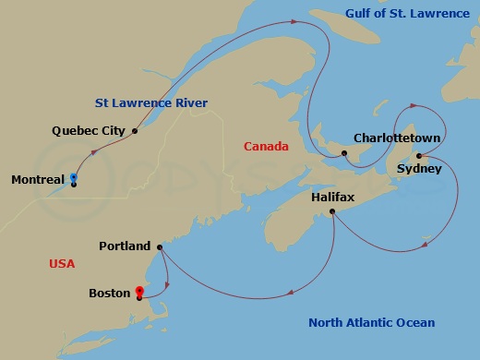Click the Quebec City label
pos(87,131)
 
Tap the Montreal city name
pos(38,179)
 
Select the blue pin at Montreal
pos(74,177)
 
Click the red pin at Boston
pos(139,289)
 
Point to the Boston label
pos(109,294)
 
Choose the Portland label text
pos(125,246)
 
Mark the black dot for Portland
pos(160,247)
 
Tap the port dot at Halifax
pos(331,212)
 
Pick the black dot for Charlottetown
pos(343,153)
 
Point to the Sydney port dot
pos(419,156)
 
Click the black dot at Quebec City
pos(135,131)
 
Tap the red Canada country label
pos(266,147)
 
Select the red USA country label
pos(62,264)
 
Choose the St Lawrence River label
pos(151,102)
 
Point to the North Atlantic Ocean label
pos(371,322)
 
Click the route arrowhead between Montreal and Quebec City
pos(96,158)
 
